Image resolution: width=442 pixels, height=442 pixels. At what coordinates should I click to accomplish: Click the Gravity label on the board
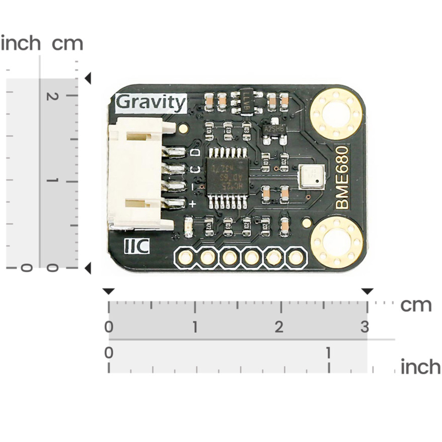point(151,103)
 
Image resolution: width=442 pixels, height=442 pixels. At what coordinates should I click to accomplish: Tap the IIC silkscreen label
point(136,247)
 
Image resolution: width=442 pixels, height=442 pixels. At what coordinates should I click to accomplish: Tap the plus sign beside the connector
point(192,204)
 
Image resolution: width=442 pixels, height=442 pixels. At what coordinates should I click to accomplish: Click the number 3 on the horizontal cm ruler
point(365,327)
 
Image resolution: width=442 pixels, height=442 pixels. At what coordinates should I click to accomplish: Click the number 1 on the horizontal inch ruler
point(328,352)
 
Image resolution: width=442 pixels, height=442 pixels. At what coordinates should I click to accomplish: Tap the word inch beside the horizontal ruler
point(420,367)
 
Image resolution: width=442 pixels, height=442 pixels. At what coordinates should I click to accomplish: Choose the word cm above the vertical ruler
point(67,44)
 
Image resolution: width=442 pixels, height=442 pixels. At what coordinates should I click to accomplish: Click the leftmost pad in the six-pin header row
point(186,258)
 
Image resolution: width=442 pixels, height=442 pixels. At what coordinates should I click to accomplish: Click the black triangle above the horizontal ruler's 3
point(367,291)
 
